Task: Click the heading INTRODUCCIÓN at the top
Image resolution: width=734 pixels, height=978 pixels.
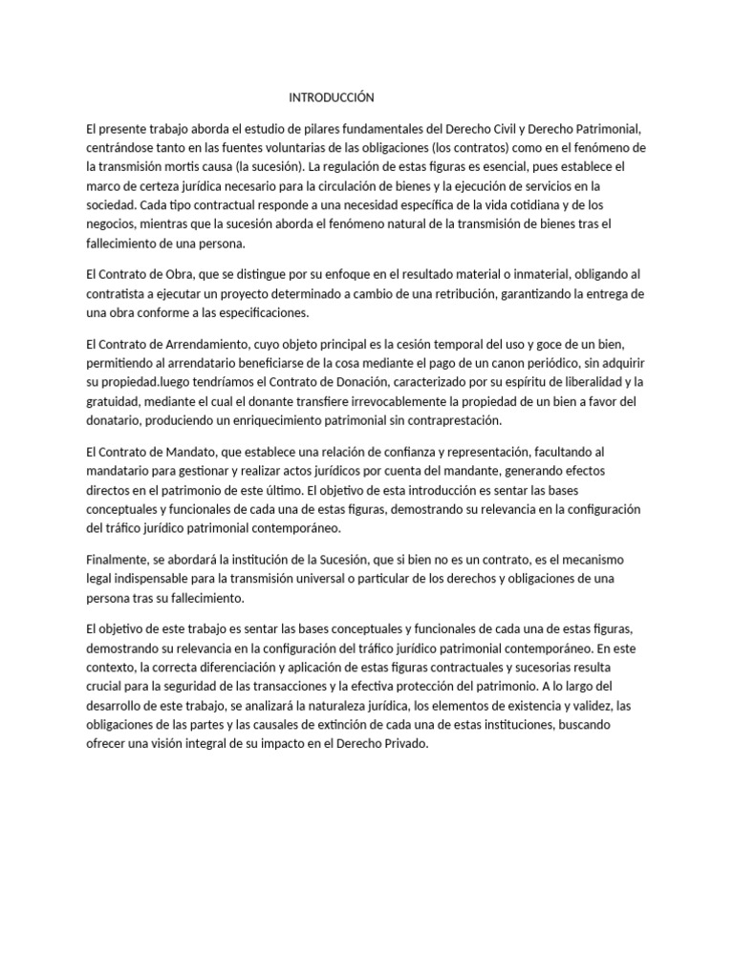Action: point(332,97)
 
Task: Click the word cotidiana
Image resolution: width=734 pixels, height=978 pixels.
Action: point(540,204)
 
